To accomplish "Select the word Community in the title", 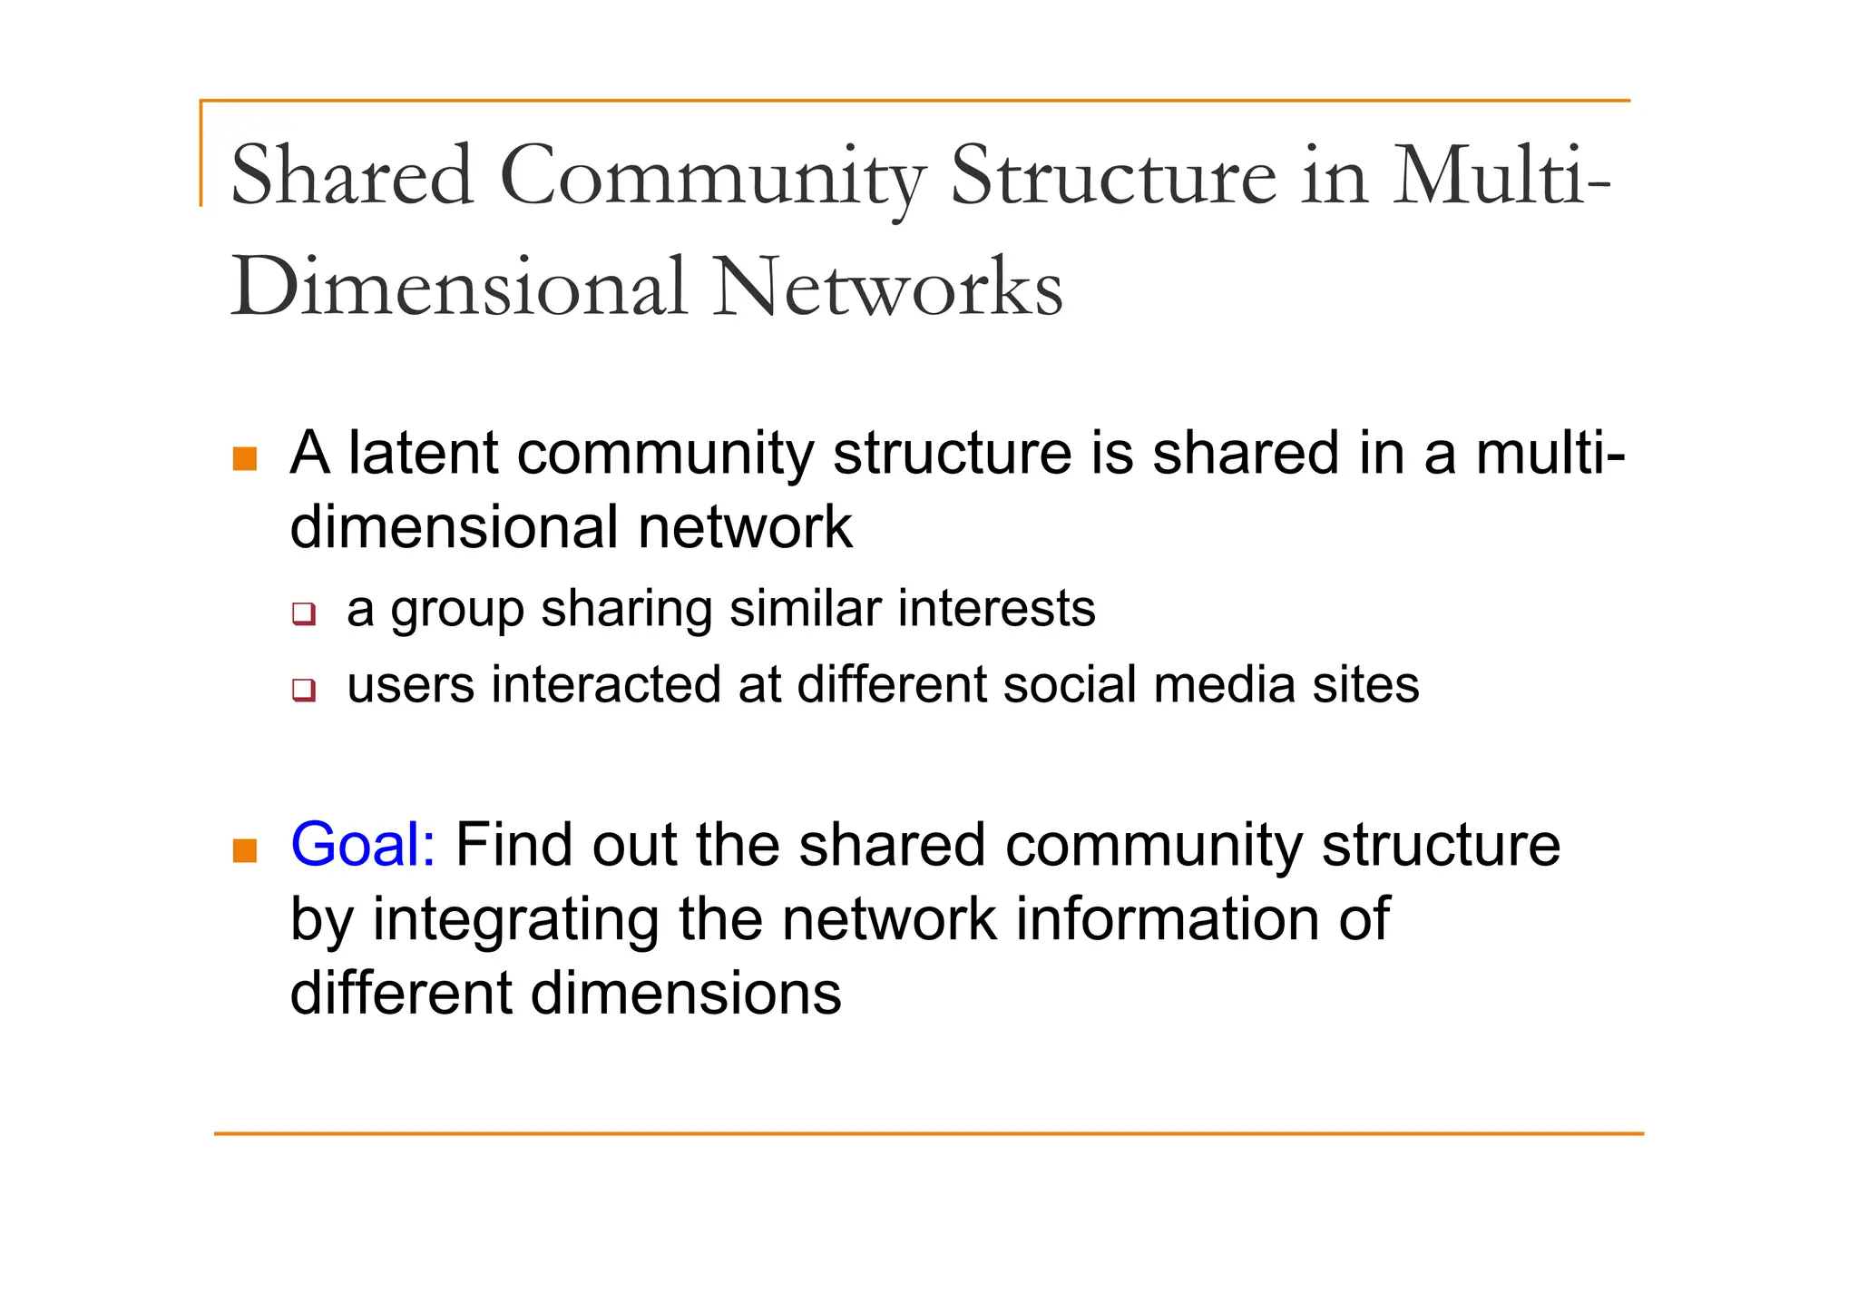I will [x=712, y=177].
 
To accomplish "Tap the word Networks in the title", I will [x=887, y=289].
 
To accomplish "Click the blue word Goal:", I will [x=363, y=845].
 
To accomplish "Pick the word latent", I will [x=423, y=453].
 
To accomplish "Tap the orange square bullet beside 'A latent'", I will [x=245, y=458].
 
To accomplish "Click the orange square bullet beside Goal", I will [x=245, y=850].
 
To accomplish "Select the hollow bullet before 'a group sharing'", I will [x=304, y=614].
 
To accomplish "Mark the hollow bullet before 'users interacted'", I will [x=304, y=690].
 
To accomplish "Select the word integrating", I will [x=515, y=921].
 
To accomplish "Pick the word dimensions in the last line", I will [x=686, y=994].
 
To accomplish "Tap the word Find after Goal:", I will [x=513, y=845].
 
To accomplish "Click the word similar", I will [x=805, y=609].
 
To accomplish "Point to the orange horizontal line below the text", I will [x=928, y=1133].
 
